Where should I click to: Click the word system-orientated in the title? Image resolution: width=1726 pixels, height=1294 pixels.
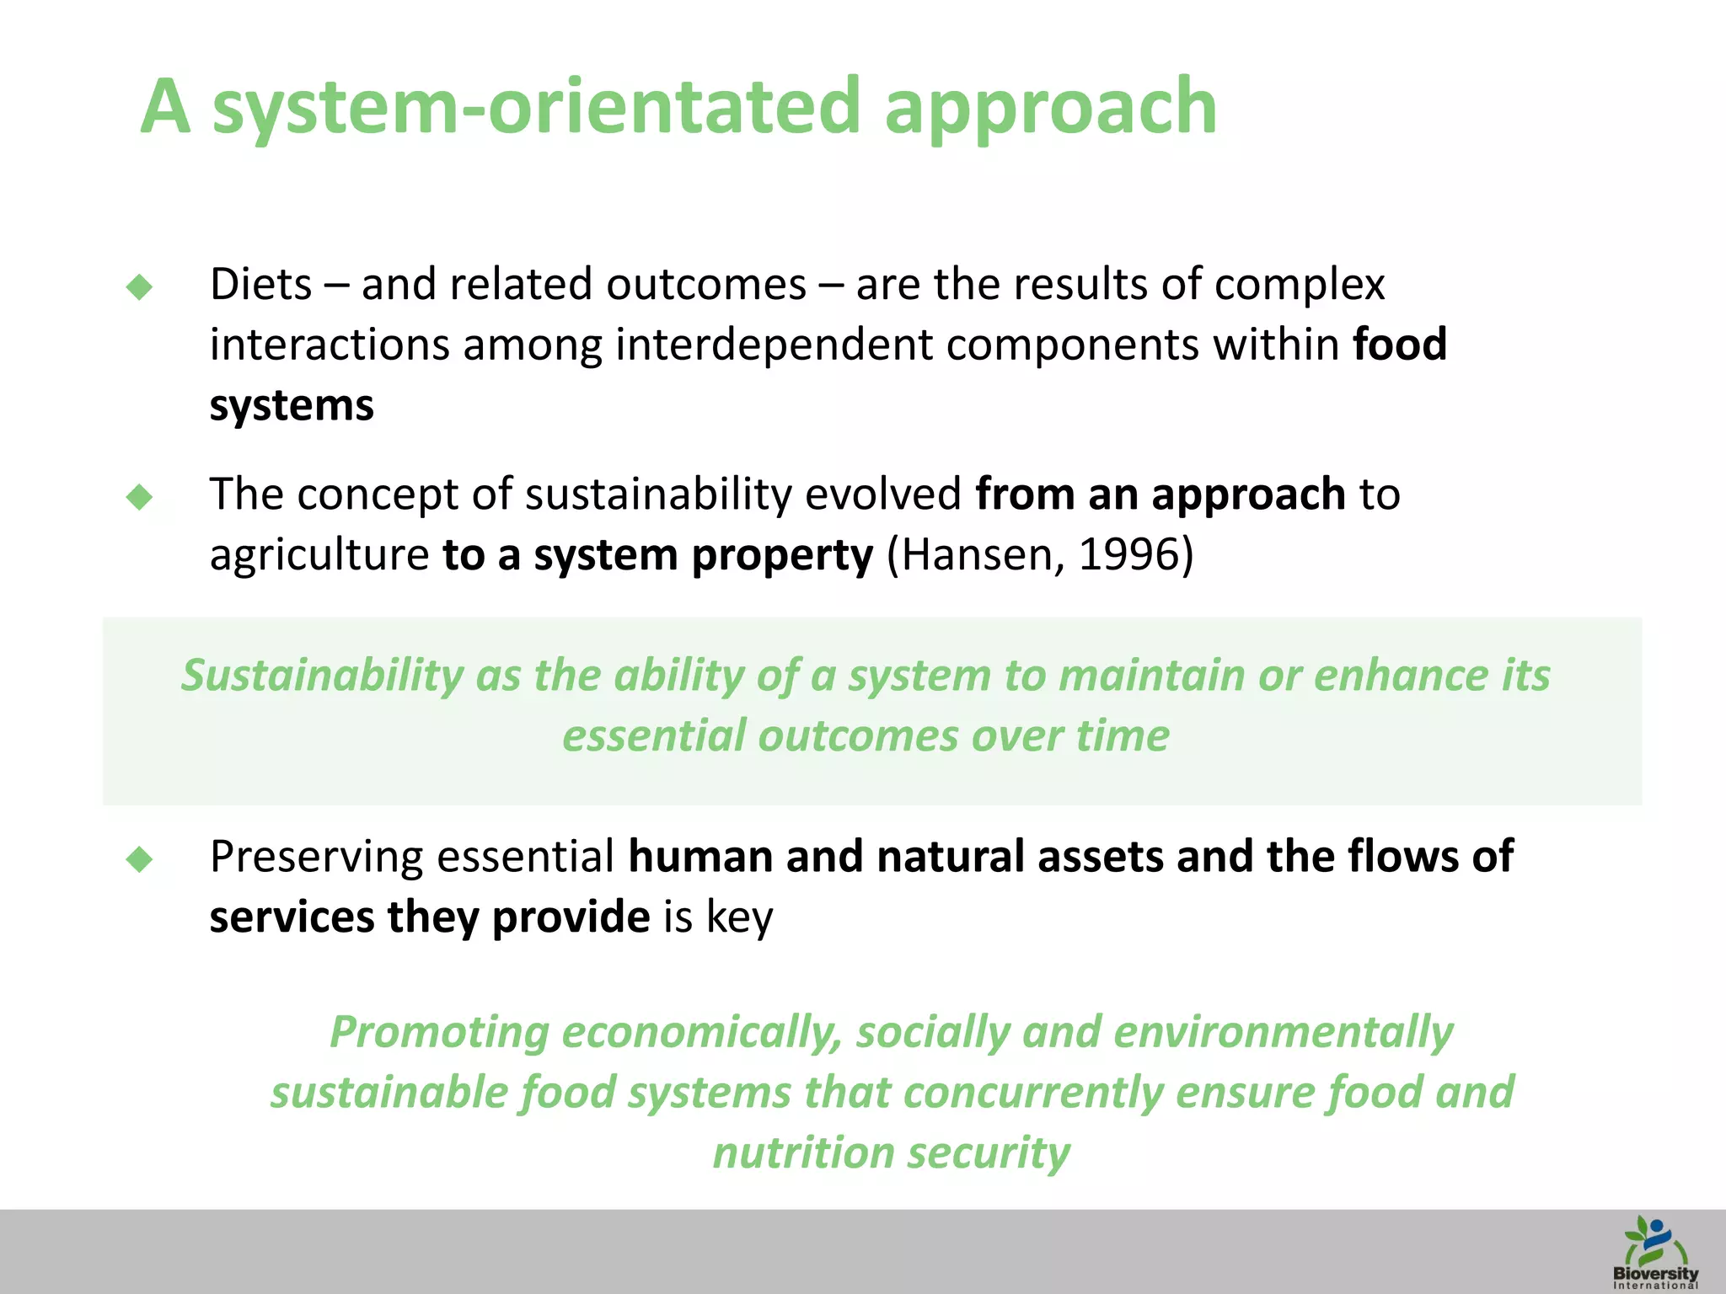coord(536,108)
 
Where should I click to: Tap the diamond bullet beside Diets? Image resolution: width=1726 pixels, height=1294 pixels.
coord(139,287)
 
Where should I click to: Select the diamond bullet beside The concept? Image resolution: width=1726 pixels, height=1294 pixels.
coord(139,497)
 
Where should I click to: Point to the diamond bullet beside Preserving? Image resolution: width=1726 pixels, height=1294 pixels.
coord(139,859)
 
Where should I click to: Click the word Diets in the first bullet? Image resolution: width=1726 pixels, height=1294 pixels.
coord(261,285)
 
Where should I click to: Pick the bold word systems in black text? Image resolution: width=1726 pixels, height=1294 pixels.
coord(292,406)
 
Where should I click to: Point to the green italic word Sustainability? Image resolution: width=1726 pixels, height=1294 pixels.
coord(321,676)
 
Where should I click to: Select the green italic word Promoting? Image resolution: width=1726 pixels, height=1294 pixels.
coord(439,1032)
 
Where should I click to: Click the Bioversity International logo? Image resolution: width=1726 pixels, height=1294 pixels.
coord(1655,1253)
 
